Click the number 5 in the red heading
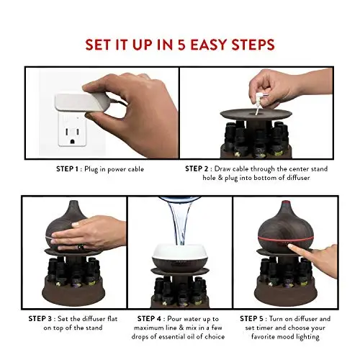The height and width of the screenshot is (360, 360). (183, 45)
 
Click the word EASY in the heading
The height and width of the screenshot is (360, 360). (209, 45)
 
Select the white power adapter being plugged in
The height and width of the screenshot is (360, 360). (82, 102)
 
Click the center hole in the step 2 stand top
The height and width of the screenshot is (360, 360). (255, 112)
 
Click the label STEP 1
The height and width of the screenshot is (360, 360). (67, 169)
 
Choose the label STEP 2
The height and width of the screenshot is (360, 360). (197, 168)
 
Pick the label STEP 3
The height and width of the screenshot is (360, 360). (40, 319)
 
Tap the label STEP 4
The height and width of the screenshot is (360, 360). (149, 319)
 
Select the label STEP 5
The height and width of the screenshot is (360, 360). (251, 319)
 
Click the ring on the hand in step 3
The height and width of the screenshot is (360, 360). (79, 247)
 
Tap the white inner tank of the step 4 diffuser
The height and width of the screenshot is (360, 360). (179, 252)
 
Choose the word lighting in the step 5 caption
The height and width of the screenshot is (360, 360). (307, 337)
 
